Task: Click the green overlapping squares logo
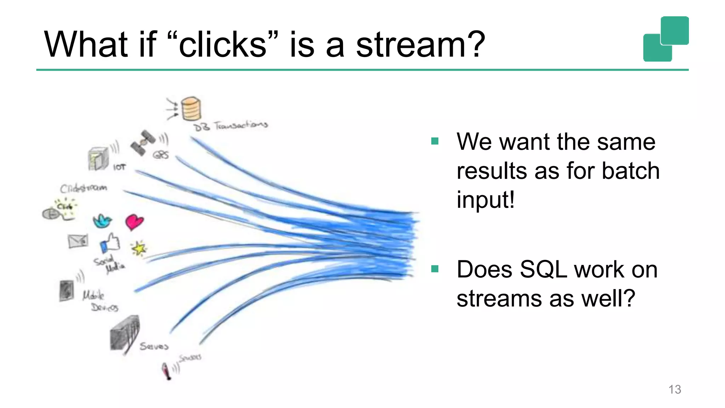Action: [666, 39]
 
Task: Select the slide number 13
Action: [674, 389]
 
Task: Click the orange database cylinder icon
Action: [191, 109]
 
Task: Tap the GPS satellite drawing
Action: [143, 143]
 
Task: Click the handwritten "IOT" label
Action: [119, 167]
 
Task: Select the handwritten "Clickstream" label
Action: [83, 188]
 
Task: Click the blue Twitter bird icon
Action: [102, 221]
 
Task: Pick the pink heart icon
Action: [134, 222]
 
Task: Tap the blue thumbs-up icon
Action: [110, 243]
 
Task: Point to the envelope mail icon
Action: [78, 241]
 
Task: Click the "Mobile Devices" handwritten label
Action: [99, 301]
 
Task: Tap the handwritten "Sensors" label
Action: [190, 358]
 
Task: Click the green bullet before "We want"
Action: [435, 141]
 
